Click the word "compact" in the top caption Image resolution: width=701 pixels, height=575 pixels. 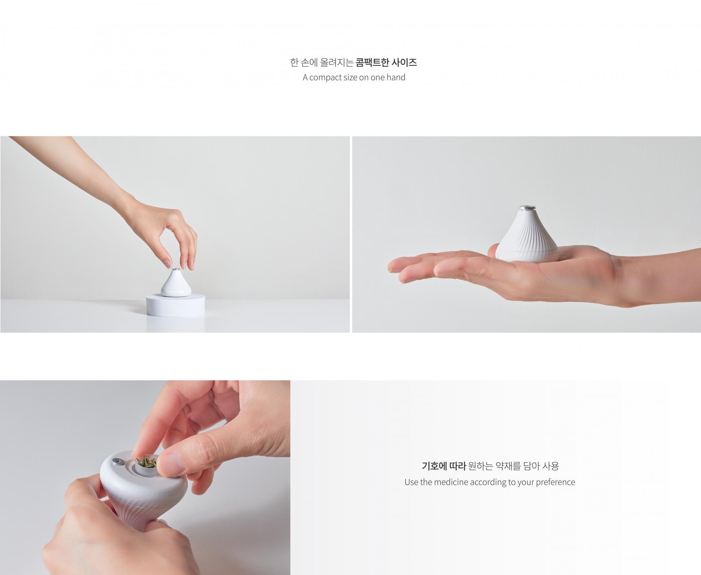[x=326, y=78]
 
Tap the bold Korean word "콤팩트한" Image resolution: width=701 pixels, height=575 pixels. [x=372, y=62]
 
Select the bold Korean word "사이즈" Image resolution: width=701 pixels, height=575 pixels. [x=404, y=62]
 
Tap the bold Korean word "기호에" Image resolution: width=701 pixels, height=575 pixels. [x=434, y=466]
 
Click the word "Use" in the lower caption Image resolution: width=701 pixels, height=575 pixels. [x=411, y=482]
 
